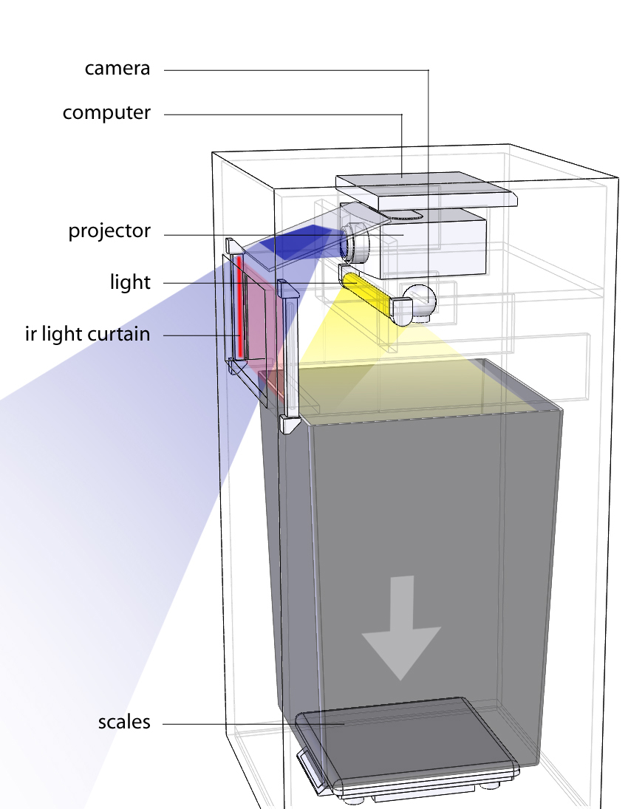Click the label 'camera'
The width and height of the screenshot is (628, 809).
click(117, 69)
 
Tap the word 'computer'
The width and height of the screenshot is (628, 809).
click(106, 113)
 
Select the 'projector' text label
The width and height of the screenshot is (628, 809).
click(109, 231)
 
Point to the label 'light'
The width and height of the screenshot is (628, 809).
click(130, 281)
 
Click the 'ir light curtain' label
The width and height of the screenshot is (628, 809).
click(87, 334)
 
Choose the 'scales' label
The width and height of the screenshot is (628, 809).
click(124, 722)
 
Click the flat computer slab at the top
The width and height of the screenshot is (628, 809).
click(425, 188)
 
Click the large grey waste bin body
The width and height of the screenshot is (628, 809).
click(429, 532)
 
